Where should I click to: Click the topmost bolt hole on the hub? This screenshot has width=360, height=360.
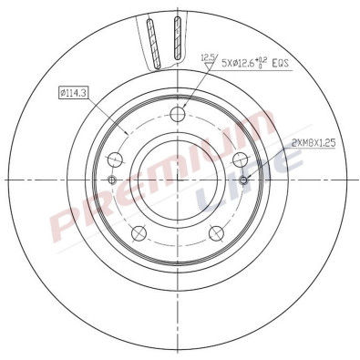(x=178, y=115)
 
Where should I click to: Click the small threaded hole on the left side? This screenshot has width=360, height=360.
(x=113, y=179)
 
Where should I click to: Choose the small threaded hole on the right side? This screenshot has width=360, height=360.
(x=242, y=179)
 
